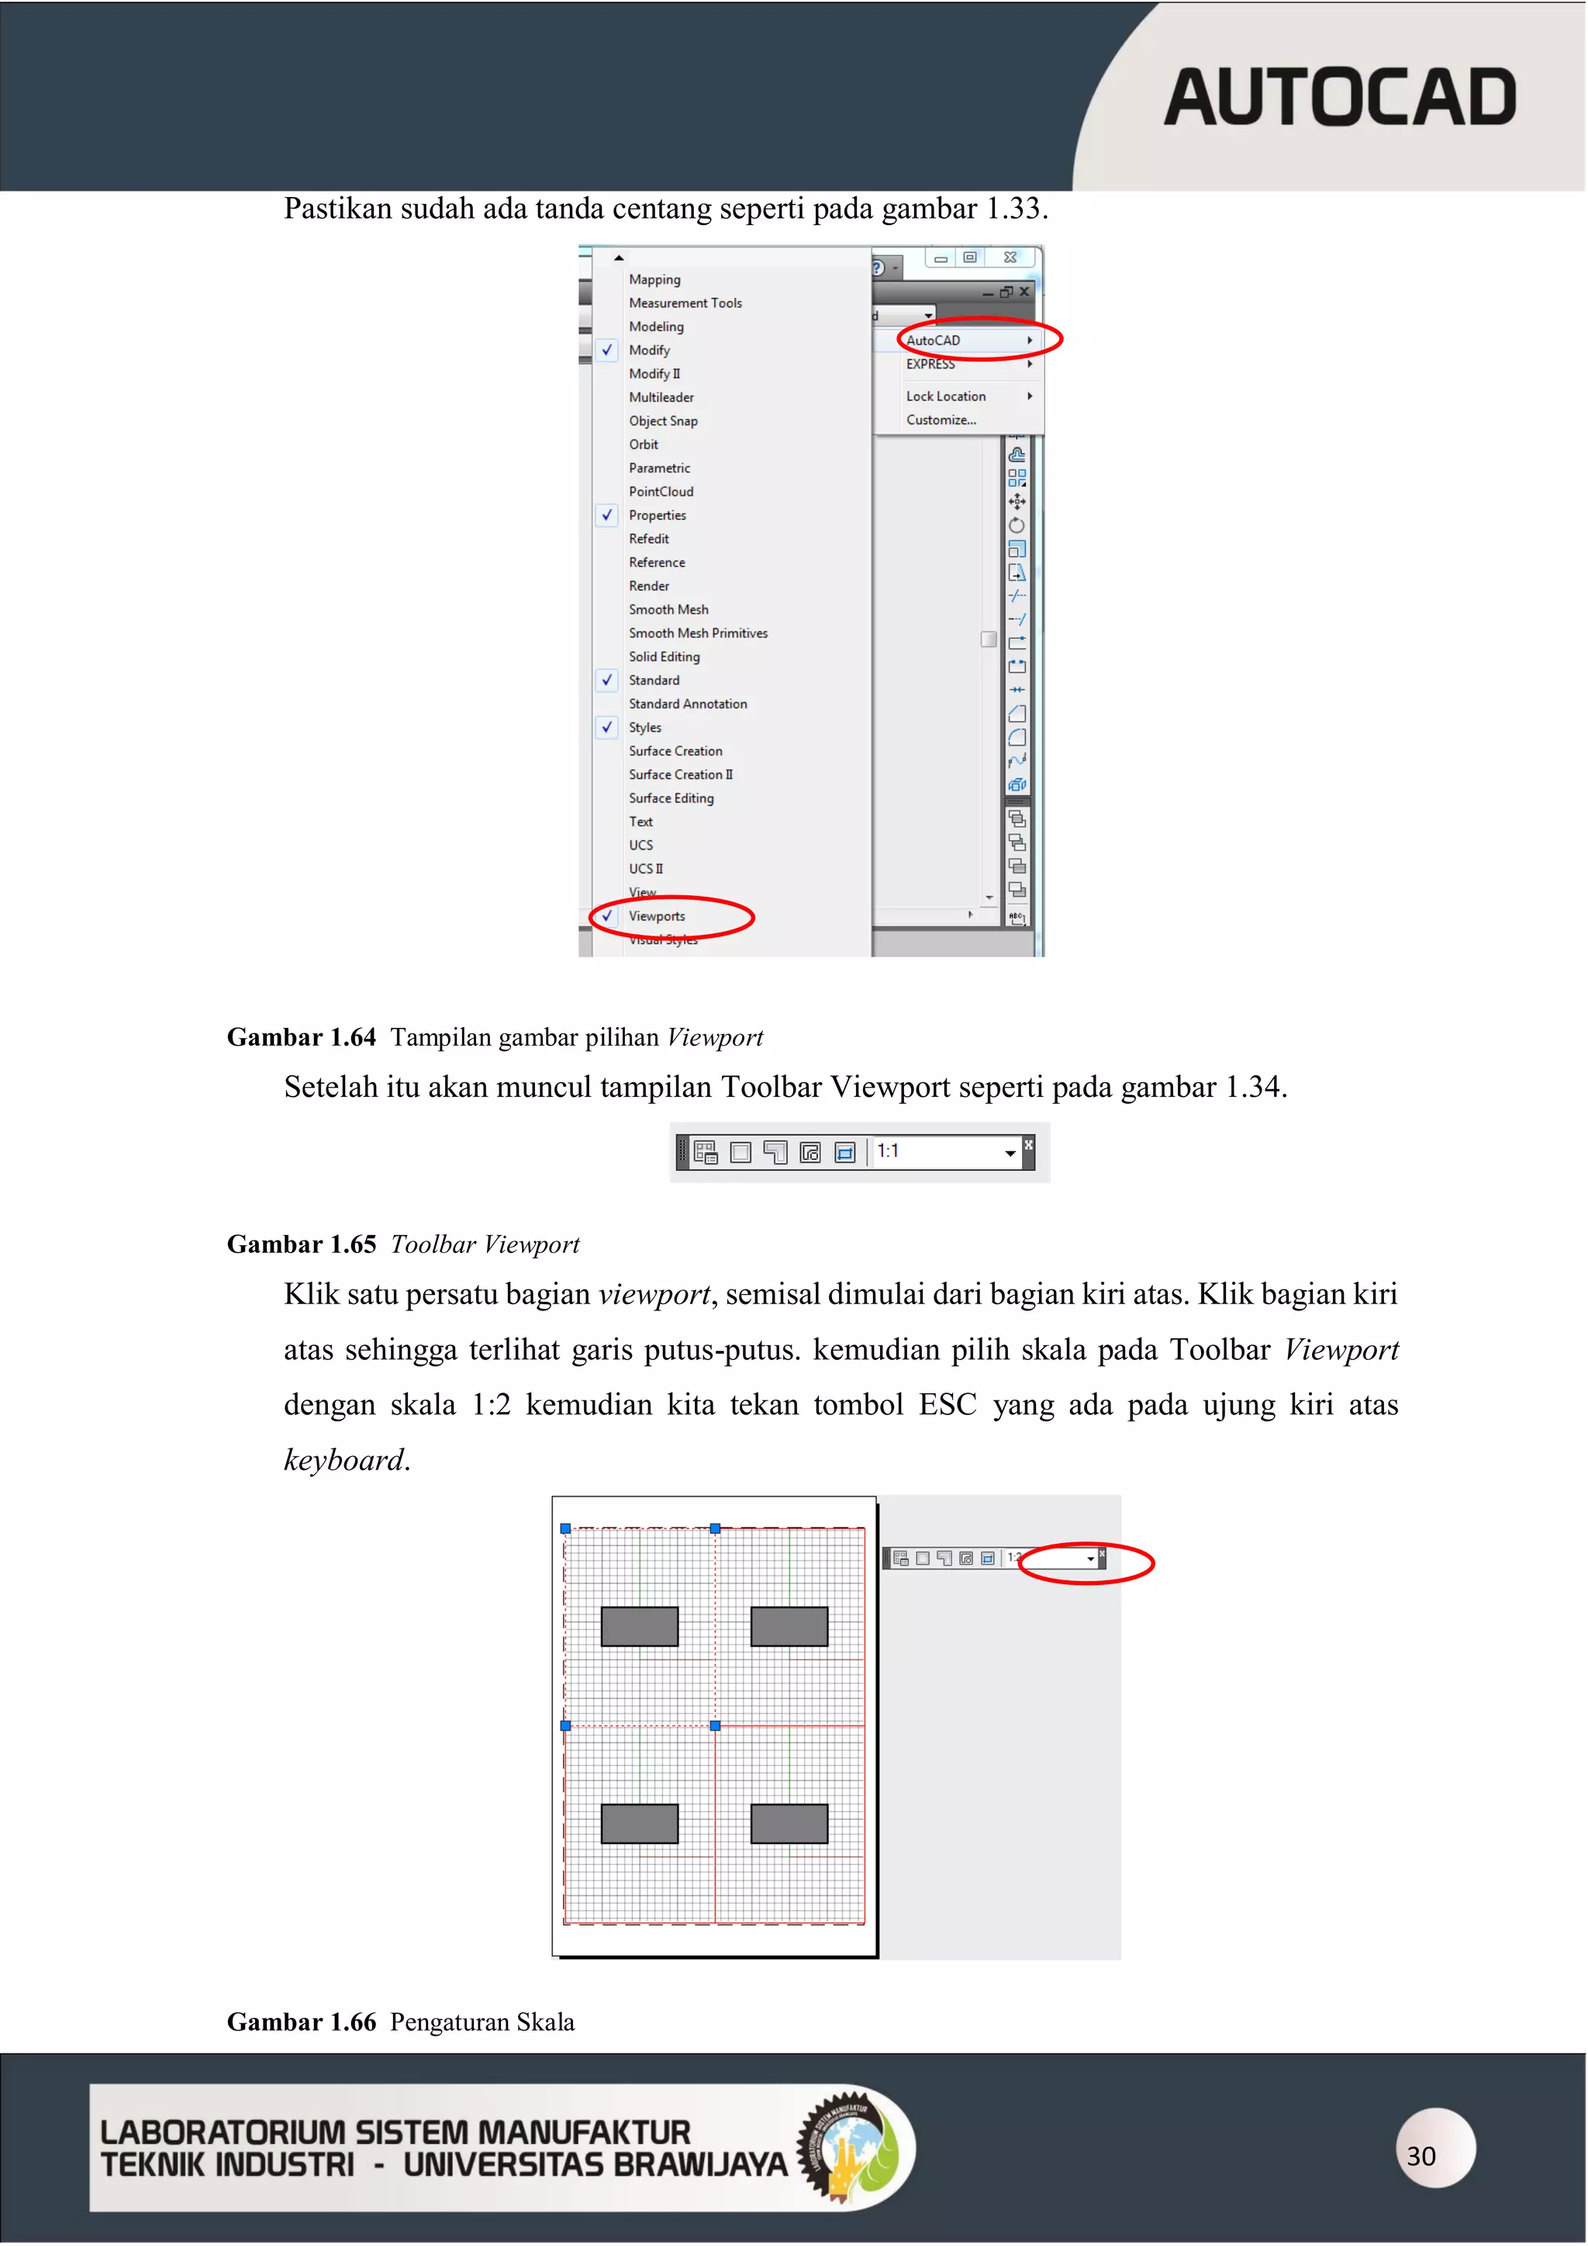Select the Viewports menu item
(x=656, y=916)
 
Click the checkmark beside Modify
(x=607, y=350)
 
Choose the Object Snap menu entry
(x=663, y=420)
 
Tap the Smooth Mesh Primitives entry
(x=697, y=633)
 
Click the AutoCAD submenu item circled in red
(x=934, y=341)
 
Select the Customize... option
(x=941, y=420)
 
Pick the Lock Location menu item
(x=945, y=396)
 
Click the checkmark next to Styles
(x=607, y=727)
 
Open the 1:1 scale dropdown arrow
(x=1009, y=1154)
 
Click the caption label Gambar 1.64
(x=301, y=1037)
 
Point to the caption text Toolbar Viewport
(x=485, y=1244)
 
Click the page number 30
(x=1421, y=2156)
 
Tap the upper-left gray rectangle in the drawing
(x=640, y=1626)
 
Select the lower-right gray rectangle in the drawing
(x=789, y=1823)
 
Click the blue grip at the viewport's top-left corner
(x=565, y=1528)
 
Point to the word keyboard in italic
(x=343, y=1461)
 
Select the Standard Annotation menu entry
(x=688, y=704)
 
